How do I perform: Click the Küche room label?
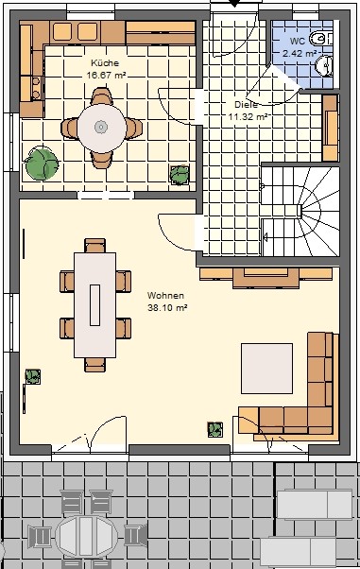pyautogui.click(x=105, y=62)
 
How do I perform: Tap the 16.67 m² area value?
pyautogui.click(x=106, y=76)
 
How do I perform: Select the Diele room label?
pyautogui.click(x=247, y=105)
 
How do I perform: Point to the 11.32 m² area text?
pyautogui.click(x=248, y=117)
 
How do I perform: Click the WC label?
pyautogui.click(x=298, y=41)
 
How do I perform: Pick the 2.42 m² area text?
pyautogui.click(x=300, y=53)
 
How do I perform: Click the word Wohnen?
pyautogui.click(x=165, y=296)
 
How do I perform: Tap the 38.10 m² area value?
pyautogui.click(x=167, y=308)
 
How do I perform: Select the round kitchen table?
pyautogui.click(x=102, y=129)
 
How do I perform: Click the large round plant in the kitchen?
pyautogui.click(x=42, y=164)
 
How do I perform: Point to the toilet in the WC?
pyautogui.click(x=321, y=39)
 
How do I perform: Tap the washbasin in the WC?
pyautogui.click(x=324, y=65)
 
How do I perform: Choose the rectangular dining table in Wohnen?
pyautogui.click(x=95, y=305)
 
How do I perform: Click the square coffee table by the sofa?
pyautogui.click(x=266, y=369)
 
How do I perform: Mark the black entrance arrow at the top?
pyautogui.click(x=234, y=3)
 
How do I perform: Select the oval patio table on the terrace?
pyautogui.click(x=87, y=536)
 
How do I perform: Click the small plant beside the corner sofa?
pyautogui.click(x=215, y=429)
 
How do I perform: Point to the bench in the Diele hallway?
pyautogui.click(x=330, y=128)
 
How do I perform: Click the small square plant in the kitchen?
pyautogui.click(x=180, y=175)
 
